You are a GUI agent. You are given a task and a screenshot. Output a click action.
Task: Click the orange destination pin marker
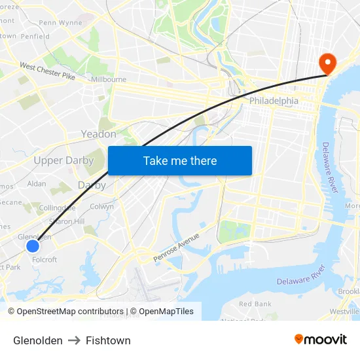coord(325,63)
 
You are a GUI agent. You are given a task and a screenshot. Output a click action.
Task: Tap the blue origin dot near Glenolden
coord(33,246)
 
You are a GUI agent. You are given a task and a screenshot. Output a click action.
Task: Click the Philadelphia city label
coord(274,101)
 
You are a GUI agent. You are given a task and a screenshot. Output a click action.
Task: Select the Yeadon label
coord(98,134)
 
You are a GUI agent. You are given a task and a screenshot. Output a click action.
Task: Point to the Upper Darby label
coord(63,160)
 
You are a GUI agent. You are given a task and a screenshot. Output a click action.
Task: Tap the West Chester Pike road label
coord(47,71)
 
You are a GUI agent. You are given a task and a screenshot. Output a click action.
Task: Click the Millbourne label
coord(109,79)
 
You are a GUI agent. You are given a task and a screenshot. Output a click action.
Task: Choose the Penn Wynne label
coord(60,22)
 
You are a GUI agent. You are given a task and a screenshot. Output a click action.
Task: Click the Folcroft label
coord(45,260)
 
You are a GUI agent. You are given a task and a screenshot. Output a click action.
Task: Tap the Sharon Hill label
coord(67,221)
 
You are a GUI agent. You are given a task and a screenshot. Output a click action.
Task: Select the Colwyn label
coord(101,206)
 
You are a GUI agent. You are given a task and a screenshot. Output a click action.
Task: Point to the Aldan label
coord(37,184)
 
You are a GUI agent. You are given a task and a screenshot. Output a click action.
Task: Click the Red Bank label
coord(255,304)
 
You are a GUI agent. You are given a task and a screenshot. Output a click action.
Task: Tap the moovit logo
coord(320,339)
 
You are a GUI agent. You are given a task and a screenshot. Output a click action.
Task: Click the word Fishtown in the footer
coord(108,340)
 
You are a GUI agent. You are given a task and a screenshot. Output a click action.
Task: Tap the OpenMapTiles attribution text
coord(166,312)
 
